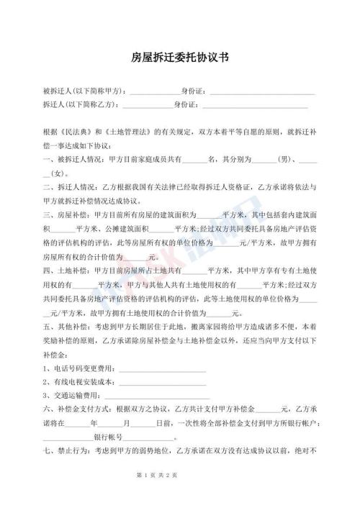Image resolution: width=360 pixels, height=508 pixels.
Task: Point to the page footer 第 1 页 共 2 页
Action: (x=180, y=494)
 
